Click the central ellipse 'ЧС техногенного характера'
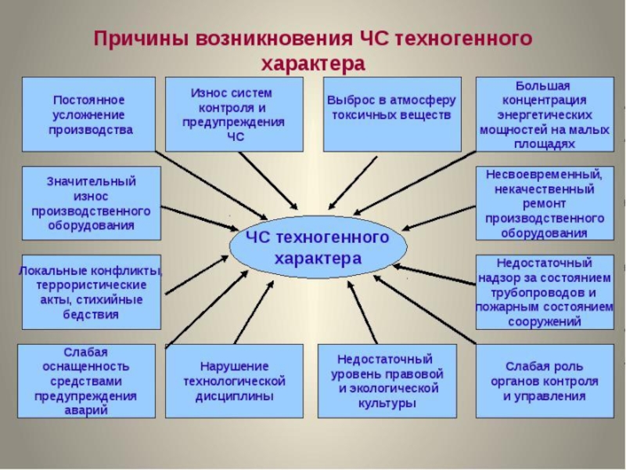[318, 248]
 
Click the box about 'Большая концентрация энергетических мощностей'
[544, 114]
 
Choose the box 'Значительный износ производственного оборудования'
[91, 203]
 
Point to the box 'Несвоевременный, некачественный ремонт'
[544, 203]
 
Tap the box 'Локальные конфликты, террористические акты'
[91, 291]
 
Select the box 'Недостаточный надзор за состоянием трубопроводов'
[544, 291]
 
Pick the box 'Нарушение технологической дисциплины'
[234, 381]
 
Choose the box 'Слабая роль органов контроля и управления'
[544, 381]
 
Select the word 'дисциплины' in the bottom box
[234, 396]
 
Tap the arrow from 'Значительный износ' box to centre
[200, 219]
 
